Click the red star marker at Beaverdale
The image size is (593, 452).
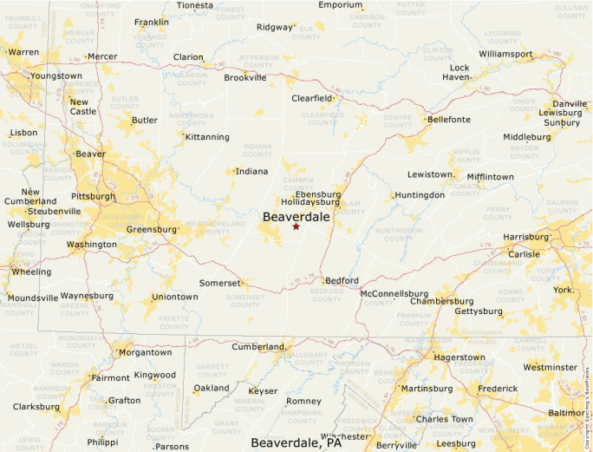tap(296, 226)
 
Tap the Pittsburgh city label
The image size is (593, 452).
tap(93, 196)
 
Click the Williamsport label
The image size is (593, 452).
tap(505, 54)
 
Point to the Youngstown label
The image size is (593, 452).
tap(55, 76)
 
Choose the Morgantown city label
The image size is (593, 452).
tap(145, 352)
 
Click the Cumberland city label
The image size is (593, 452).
tap(257, 347)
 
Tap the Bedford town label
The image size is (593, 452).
tap(342, 281)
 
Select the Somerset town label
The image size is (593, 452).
tap(218, 283)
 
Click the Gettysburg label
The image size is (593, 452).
tap(479, 311)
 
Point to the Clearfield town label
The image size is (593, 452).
tap(311, 98)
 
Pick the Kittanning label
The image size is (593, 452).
tap(207, 137)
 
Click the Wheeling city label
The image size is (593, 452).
tap(30, 272)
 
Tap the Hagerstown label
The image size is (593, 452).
tap(459, 357)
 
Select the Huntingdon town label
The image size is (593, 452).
tap(420, 195)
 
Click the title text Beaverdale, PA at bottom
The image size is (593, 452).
tap(296, 442)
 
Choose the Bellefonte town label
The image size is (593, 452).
tap(449, 119)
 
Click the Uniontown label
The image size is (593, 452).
tap(174, 297)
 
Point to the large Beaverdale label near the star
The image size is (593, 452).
tap(296, 216)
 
